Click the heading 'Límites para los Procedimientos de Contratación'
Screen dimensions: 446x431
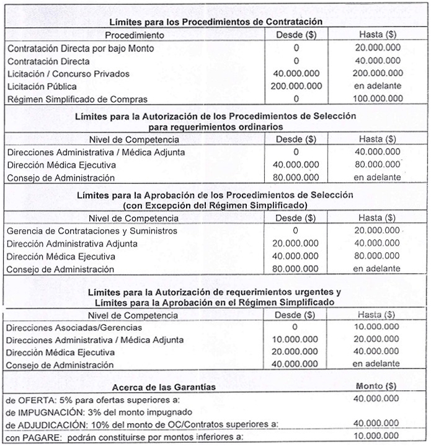coord(215,22)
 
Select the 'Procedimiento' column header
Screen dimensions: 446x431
coord(134,35)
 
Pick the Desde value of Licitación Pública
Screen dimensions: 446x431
coord(296,85)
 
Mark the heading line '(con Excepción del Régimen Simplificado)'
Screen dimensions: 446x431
coord(215,205)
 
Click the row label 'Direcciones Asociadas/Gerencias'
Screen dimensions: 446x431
coord(74,327)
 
